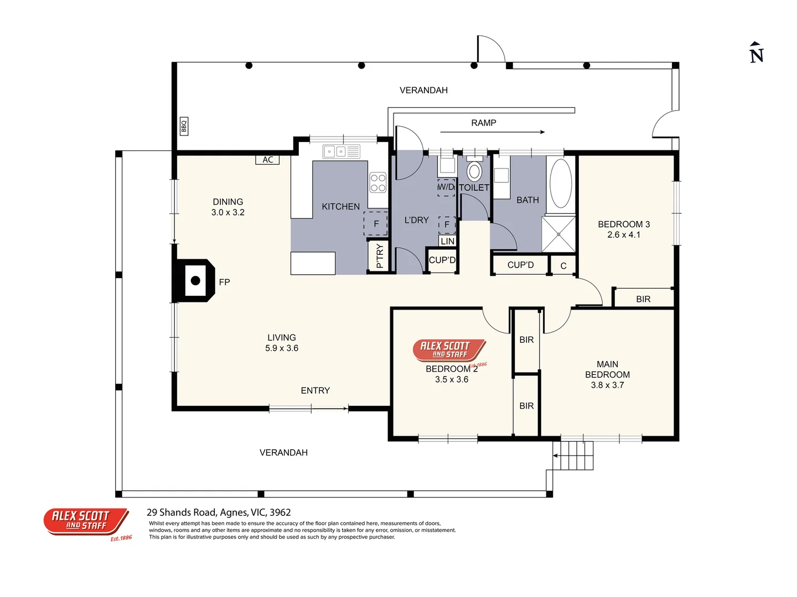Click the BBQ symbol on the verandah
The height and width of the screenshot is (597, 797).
[184, 126]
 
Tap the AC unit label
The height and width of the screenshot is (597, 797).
[268, 160]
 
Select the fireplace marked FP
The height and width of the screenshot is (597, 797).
[195, 281]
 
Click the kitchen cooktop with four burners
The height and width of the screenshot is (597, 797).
[378, 183]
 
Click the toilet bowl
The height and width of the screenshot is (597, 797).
[474, 171]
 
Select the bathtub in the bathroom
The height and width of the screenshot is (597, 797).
[561, 184]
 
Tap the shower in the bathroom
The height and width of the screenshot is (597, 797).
[558, 234]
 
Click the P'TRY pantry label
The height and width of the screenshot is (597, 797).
[379, 256]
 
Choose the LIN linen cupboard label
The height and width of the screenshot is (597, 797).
[447, 241]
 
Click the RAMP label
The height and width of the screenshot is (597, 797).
[483, 123]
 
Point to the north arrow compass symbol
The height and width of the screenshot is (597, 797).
[757, 53]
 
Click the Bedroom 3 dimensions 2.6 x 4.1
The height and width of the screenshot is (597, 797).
[623, 234]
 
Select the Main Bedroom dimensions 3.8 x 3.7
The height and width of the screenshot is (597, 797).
[607, 385]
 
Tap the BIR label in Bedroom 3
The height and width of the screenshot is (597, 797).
[643, 299]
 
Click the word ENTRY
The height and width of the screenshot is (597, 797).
[315, 390]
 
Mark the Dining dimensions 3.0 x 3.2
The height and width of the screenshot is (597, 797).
[227, 212]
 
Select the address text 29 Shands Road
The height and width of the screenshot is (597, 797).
[218, 512]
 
